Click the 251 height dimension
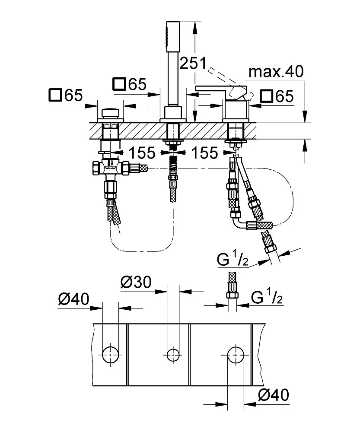coord(193,64)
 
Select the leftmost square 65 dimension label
coord(66,95)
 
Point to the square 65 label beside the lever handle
coord(277,95)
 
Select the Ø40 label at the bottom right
coord(272,394)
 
